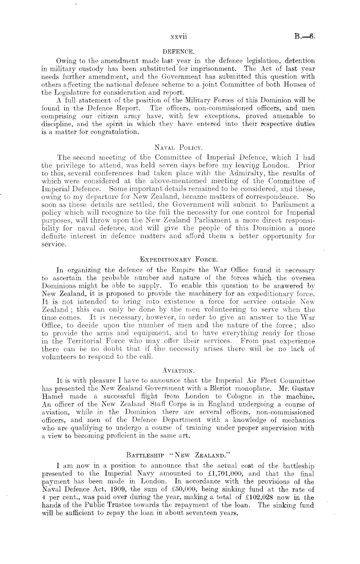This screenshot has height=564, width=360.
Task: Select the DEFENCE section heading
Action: tap(177, 51)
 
